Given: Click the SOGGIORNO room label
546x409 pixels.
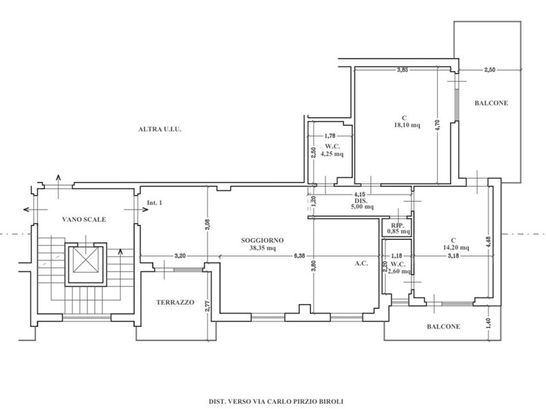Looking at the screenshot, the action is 262,241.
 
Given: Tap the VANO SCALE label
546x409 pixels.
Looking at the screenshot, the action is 84,219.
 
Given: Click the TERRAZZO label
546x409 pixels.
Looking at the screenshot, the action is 175,302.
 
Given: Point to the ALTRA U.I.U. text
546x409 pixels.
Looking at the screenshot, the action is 160,130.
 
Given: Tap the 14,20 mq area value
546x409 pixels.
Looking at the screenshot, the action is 455,247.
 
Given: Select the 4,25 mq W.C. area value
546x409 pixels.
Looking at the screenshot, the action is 332,154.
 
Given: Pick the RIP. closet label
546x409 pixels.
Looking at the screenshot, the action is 397,226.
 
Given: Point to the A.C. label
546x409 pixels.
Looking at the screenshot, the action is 362,264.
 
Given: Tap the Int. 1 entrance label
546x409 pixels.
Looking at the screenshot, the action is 154,202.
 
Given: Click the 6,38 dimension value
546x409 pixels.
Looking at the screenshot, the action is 299,256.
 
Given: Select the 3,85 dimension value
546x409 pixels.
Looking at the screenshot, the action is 402,70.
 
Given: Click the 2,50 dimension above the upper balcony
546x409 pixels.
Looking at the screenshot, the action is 489,70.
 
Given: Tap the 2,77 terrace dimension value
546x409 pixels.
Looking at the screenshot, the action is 207,305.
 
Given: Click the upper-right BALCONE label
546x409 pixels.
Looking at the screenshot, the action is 491,103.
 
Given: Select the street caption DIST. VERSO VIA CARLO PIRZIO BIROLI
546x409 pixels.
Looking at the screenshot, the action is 276,402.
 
